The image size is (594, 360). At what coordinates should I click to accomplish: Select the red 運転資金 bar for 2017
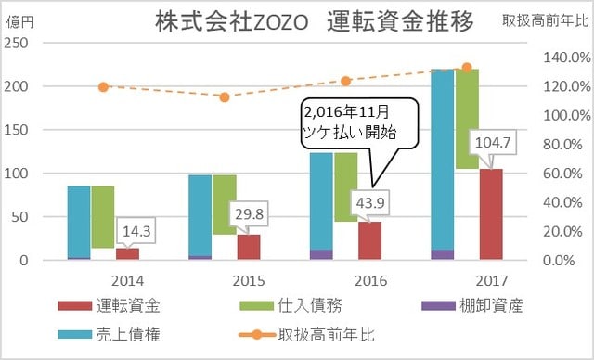pos(491,214)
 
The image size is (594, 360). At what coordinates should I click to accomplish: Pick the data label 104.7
pos(492,145)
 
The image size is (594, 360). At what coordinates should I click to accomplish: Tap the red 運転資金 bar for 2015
pos(249,248)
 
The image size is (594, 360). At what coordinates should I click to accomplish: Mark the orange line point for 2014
pos(103,87)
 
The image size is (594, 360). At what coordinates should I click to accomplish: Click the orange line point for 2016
pos(346,81)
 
